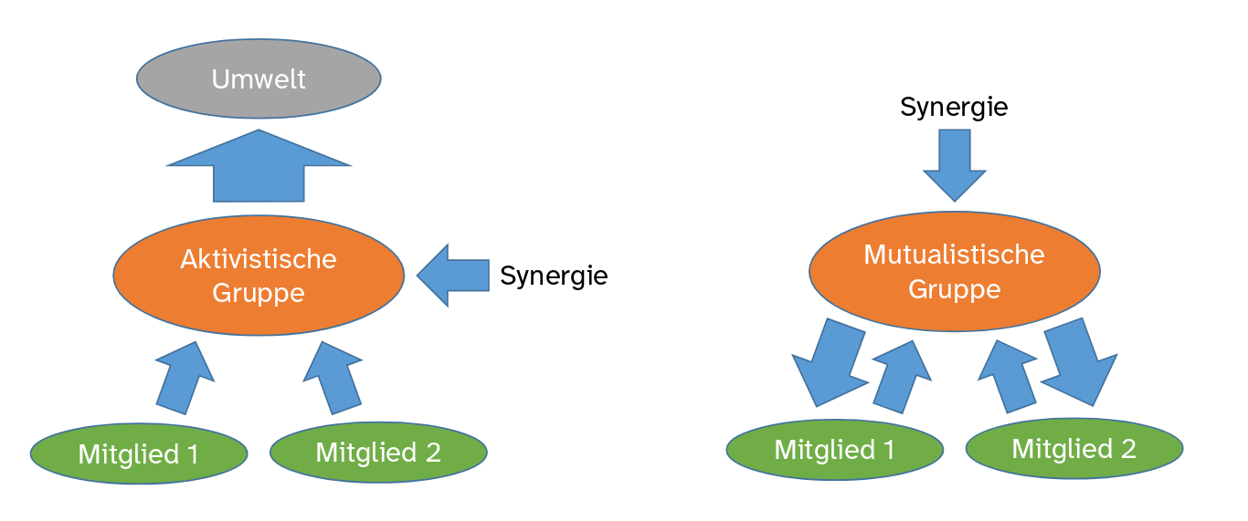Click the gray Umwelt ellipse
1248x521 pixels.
click(x=259, y=78)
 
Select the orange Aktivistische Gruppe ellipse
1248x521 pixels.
click(x=259, y=276)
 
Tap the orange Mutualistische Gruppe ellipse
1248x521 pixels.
click(x=954, y=271)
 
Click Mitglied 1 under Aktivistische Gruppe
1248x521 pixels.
click(x=139, y=453)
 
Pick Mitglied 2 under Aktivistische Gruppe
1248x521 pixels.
click(x=378, y=452)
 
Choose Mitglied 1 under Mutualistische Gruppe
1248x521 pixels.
click(x=835, y=449)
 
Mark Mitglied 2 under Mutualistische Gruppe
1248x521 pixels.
click(x=1074, y=448)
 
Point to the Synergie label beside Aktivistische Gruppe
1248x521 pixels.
click(x=554, y=275)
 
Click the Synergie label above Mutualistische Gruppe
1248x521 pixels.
click(x=954, y=107)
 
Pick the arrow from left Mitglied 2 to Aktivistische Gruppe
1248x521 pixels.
click(x=333, y=379)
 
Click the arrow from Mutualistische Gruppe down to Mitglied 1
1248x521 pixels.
click(x=828, y=360)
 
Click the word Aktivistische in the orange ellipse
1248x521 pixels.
click(x=259, y=259)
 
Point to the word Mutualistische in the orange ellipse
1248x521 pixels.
click(x=954, y=254)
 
